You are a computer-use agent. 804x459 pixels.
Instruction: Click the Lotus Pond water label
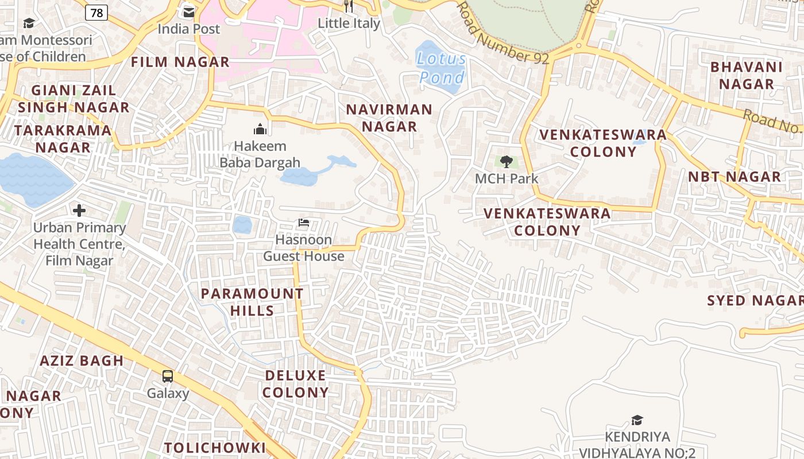click(441, 68)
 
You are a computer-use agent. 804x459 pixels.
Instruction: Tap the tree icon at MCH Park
click(506, 162)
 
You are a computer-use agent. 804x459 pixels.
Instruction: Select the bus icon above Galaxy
click(168, 376)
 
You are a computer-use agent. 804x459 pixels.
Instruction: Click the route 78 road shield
click(96, 12)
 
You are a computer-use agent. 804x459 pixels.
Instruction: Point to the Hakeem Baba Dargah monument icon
click(260, 129)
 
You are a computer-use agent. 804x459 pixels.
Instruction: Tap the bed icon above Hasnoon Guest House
click(304, 223)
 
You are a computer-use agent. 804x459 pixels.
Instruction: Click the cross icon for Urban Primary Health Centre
click(79, 211)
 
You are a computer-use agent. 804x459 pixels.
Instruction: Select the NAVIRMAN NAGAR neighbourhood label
click(389, 118)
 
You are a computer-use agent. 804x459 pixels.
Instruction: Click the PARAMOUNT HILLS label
click(252, 302)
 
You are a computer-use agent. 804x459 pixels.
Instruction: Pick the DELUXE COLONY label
click(296, 384)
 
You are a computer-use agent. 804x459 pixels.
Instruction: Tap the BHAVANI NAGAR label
click(746, 75)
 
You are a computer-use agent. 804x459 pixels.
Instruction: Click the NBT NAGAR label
click(735, 177)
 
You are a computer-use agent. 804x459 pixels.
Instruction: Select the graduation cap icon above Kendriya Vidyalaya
click(636, 421)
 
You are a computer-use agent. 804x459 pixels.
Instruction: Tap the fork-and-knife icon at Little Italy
click(349, 6)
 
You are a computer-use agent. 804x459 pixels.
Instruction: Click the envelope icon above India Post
click(188, 12)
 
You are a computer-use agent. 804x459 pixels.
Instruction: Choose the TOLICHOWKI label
click(215, 448)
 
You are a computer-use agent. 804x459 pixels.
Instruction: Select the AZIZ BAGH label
click(82, 361)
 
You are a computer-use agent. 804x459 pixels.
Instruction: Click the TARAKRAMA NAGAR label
click(63, 138)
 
